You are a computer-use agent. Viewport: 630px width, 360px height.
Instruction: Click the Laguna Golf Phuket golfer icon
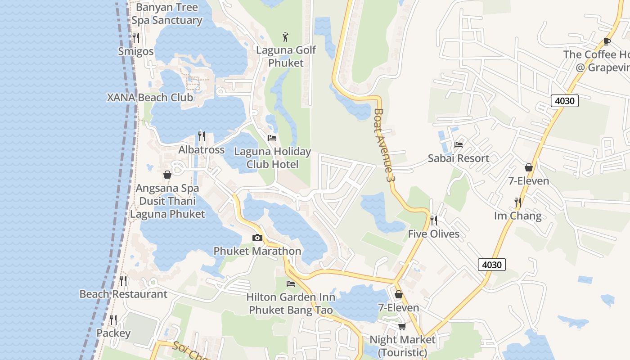[285, 36]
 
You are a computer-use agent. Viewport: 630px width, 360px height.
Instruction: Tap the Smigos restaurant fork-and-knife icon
[136, 38]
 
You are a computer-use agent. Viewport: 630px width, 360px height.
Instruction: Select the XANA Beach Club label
[150, 97]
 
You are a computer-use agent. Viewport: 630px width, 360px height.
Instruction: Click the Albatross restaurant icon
[202, 136]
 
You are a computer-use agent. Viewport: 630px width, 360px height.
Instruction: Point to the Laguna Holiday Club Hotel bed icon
[272, 138]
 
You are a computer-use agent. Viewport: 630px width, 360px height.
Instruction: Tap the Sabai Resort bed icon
[459, 144]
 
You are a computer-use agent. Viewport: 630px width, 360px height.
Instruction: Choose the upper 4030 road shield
[564, 101]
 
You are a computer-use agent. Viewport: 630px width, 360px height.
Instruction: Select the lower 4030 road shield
[491, 265]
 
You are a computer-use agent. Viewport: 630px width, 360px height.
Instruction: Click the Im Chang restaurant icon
[518, 202]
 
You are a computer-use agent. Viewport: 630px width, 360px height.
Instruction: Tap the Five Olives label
[434, 234]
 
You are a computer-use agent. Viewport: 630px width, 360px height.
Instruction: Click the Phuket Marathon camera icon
[257, 238]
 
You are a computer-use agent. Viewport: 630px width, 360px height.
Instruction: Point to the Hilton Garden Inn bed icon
[291, 283]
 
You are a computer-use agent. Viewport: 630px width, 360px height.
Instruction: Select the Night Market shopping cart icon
[402, 326]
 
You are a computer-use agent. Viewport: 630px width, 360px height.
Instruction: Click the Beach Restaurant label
[123, 294]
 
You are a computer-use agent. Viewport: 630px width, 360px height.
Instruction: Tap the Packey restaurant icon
[113, 320]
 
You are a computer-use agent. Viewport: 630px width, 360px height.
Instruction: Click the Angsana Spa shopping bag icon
[167, 175]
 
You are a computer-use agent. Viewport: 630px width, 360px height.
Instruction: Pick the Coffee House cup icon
[607, 41]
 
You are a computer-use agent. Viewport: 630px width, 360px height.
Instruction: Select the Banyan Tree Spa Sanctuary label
[166, 14]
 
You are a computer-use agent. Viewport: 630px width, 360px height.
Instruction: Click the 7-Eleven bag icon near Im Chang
[529, 167]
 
